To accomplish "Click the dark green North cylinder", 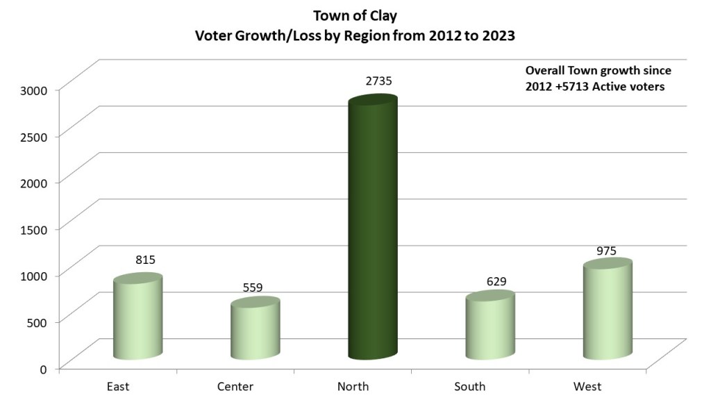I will pyautogui.click(x=372, y=229).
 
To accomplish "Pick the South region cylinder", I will pyautogui.click(x=490, y=326).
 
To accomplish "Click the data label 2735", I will pyautogui.click(x=379, y=81).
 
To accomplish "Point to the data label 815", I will pyautogui.click(x=145, y=260).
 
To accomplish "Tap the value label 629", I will pyautogui.click(x=496, y=281).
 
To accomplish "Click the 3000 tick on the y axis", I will pyautogui.click(x=33, y=89).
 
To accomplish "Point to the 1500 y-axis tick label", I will pyautogui.click(x=33, y=228).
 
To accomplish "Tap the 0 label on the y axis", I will pyautogui.click(x=42, y=368).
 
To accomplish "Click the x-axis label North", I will pyautogui.click(x=352, y=386).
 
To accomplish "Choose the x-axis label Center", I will pyautogui.click(x=235, y=386).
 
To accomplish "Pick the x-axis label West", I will pyautogui.click(x=587, y=386).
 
